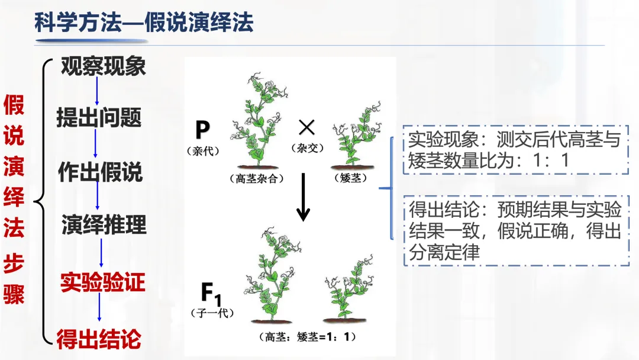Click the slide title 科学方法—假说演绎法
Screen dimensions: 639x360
pyautogui.click(x=144, y=22)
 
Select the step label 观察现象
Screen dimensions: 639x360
pyautogui.click(x=103, y=66)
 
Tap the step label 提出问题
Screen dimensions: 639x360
pyautogui.click(x=99, y=118)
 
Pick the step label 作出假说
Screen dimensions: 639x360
pyautogui.click(x=100, y=172)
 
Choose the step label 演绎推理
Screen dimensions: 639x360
pyautogui.click(x=104, y=225)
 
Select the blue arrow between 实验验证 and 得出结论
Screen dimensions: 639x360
pyautogui.click(x=99, y=311)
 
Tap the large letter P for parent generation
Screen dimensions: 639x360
pyautogui.click(x=202, y=130)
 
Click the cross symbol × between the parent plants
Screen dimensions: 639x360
pyautogui.click(x=306, y=127)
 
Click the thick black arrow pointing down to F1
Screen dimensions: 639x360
pyautogui.click(x=304, y=197)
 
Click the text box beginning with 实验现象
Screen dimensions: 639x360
pyautogui.click(x=514, y=150)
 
